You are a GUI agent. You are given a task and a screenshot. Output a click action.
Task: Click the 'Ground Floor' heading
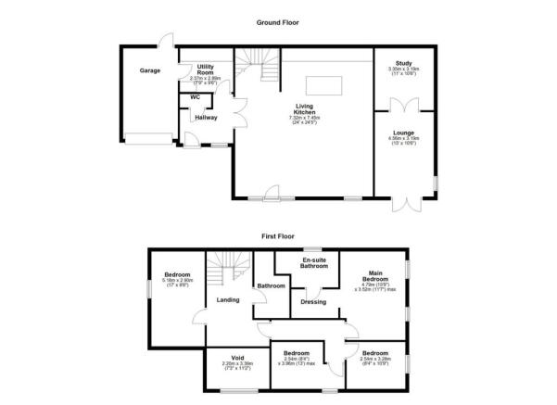tap(278, 21)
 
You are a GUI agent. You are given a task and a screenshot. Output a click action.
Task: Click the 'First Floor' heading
tap(278, 236)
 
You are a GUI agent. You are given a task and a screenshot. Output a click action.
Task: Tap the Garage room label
tap(150, 70)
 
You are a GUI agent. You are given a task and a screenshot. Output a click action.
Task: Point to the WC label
tap(195, 96)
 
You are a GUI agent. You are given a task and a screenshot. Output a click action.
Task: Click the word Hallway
tap(205, 118)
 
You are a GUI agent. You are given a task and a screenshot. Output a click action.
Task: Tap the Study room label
tap(403, 63)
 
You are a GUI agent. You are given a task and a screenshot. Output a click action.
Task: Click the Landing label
tap(228, 300)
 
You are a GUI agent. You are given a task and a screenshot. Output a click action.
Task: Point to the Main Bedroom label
tap(374, 275)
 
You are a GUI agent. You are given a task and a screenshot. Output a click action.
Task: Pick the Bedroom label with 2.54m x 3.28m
tap(375, 353)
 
